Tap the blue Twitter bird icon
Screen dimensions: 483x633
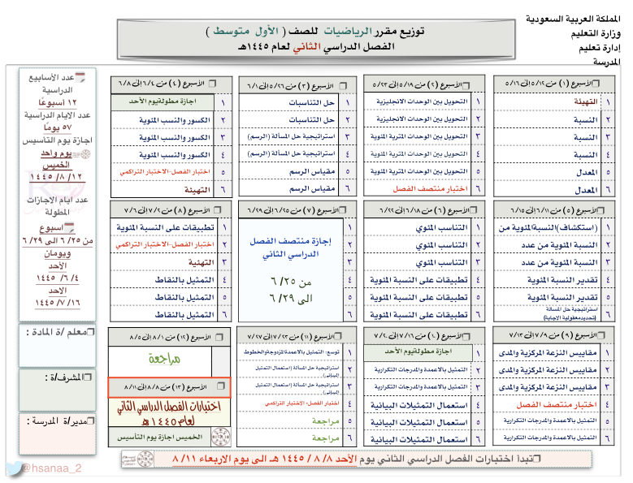click(13, 468)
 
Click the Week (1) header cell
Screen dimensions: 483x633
click(554, 83)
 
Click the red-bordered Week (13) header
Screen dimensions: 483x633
click(170, 387)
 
